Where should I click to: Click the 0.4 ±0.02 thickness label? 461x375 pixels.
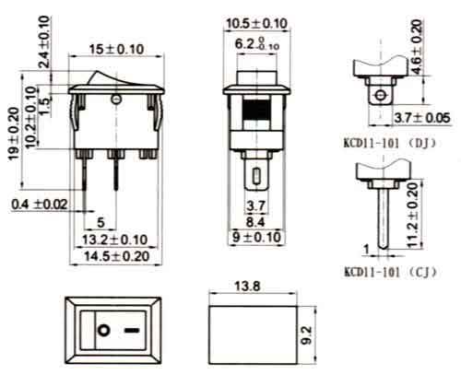(x=41, y=203)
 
